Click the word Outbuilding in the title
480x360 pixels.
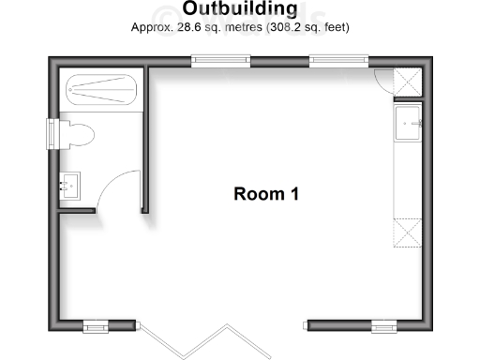click(239, 9)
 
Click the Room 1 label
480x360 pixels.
click(266, 194)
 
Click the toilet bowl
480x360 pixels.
click(78, 135)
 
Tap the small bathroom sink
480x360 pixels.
click(70, 185)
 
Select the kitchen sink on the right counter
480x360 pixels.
click(409, 121)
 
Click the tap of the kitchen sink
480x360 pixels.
click(419, 121)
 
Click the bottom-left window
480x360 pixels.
click(97, 326)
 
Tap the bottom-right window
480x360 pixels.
click(383, 326)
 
